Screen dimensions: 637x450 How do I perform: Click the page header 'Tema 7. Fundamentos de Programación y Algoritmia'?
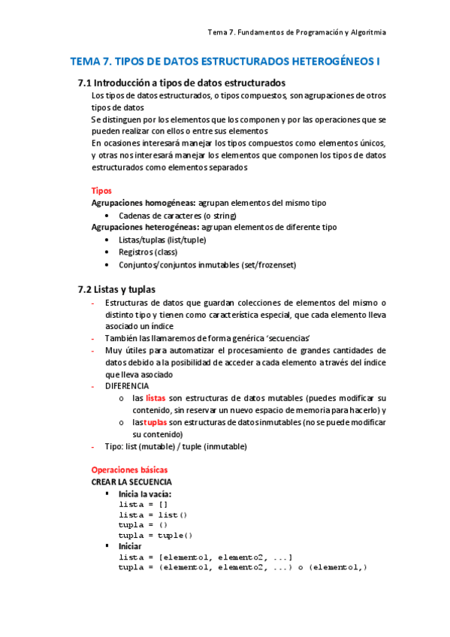pyautogui.click(x=297, y=32)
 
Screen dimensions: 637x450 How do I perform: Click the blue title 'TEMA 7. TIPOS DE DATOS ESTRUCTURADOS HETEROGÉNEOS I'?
pyautogui.click(x=225, y=62)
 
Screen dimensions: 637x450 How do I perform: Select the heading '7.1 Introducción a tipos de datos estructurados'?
pyautogui.click(x=181, y=83)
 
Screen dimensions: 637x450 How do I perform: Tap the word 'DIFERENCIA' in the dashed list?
pyautogui.click(x=127, y=385)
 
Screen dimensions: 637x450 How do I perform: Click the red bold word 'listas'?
pyautogui.click(x=156, y=397)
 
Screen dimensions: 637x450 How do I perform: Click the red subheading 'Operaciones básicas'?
pyautogui.click(x=130, y=469)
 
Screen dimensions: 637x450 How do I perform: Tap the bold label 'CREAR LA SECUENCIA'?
pyautogui.click(x=131, y=482)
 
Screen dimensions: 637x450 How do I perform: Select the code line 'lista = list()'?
pyautogui.click(x=153, y=515)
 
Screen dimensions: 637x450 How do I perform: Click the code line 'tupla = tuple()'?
pyautogui.click(x=156, y=536)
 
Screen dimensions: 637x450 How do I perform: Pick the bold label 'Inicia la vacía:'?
pyautogui.click(x=145, y=494)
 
